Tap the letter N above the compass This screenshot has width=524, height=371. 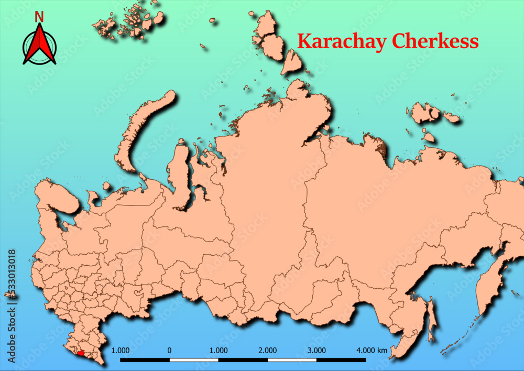[39, 17]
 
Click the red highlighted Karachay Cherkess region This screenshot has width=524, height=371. [80, 353]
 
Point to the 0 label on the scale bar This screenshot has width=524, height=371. [169, 350]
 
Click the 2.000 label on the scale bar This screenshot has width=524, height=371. [267, 350]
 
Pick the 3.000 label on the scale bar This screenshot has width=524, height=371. [316, 350]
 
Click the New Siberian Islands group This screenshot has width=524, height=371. [427, 113]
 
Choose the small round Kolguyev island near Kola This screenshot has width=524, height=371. [107, 186]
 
